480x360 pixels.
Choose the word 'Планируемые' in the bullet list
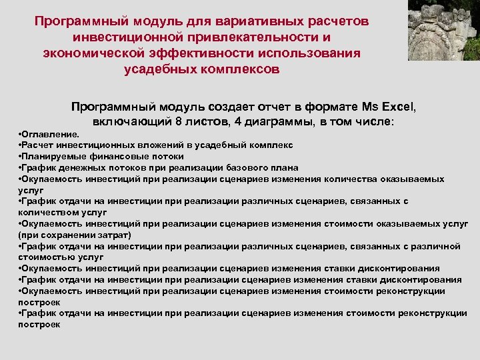point(55,156)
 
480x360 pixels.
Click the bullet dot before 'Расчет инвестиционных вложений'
point(21,145)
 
